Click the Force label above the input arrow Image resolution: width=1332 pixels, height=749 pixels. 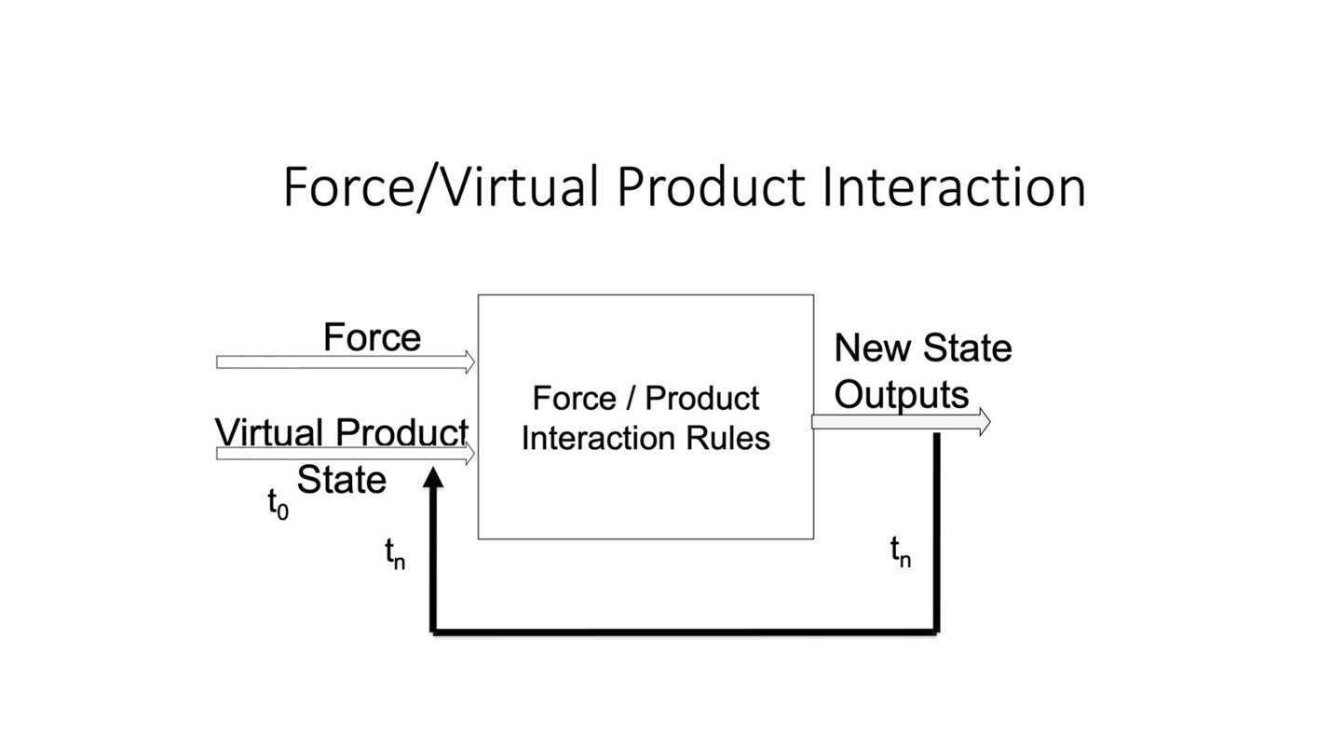pos(372,337)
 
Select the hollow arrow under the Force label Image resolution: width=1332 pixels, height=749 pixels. pos(345,361)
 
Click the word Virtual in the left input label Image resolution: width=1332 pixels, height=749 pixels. pos(270,432)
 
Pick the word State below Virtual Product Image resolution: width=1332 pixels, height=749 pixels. pos(341,480)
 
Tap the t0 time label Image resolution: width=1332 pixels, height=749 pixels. pos(278,504)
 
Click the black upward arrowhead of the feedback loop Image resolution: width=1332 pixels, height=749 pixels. pos(433,478)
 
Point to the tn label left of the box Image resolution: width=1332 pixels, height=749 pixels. pos(395,552)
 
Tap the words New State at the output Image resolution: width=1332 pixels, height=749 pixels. pos(922,347)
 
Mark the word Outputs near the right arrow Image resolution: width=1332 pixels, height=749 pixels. pos(901,394)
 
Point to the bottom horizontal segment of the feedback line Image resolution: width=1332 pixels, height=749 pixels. pos(685,632)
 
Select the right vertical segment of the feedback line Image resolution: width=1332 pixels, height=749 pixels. pos(936,531)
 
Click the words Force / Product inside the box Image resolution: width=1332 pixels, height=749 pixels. pos(646,399)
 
